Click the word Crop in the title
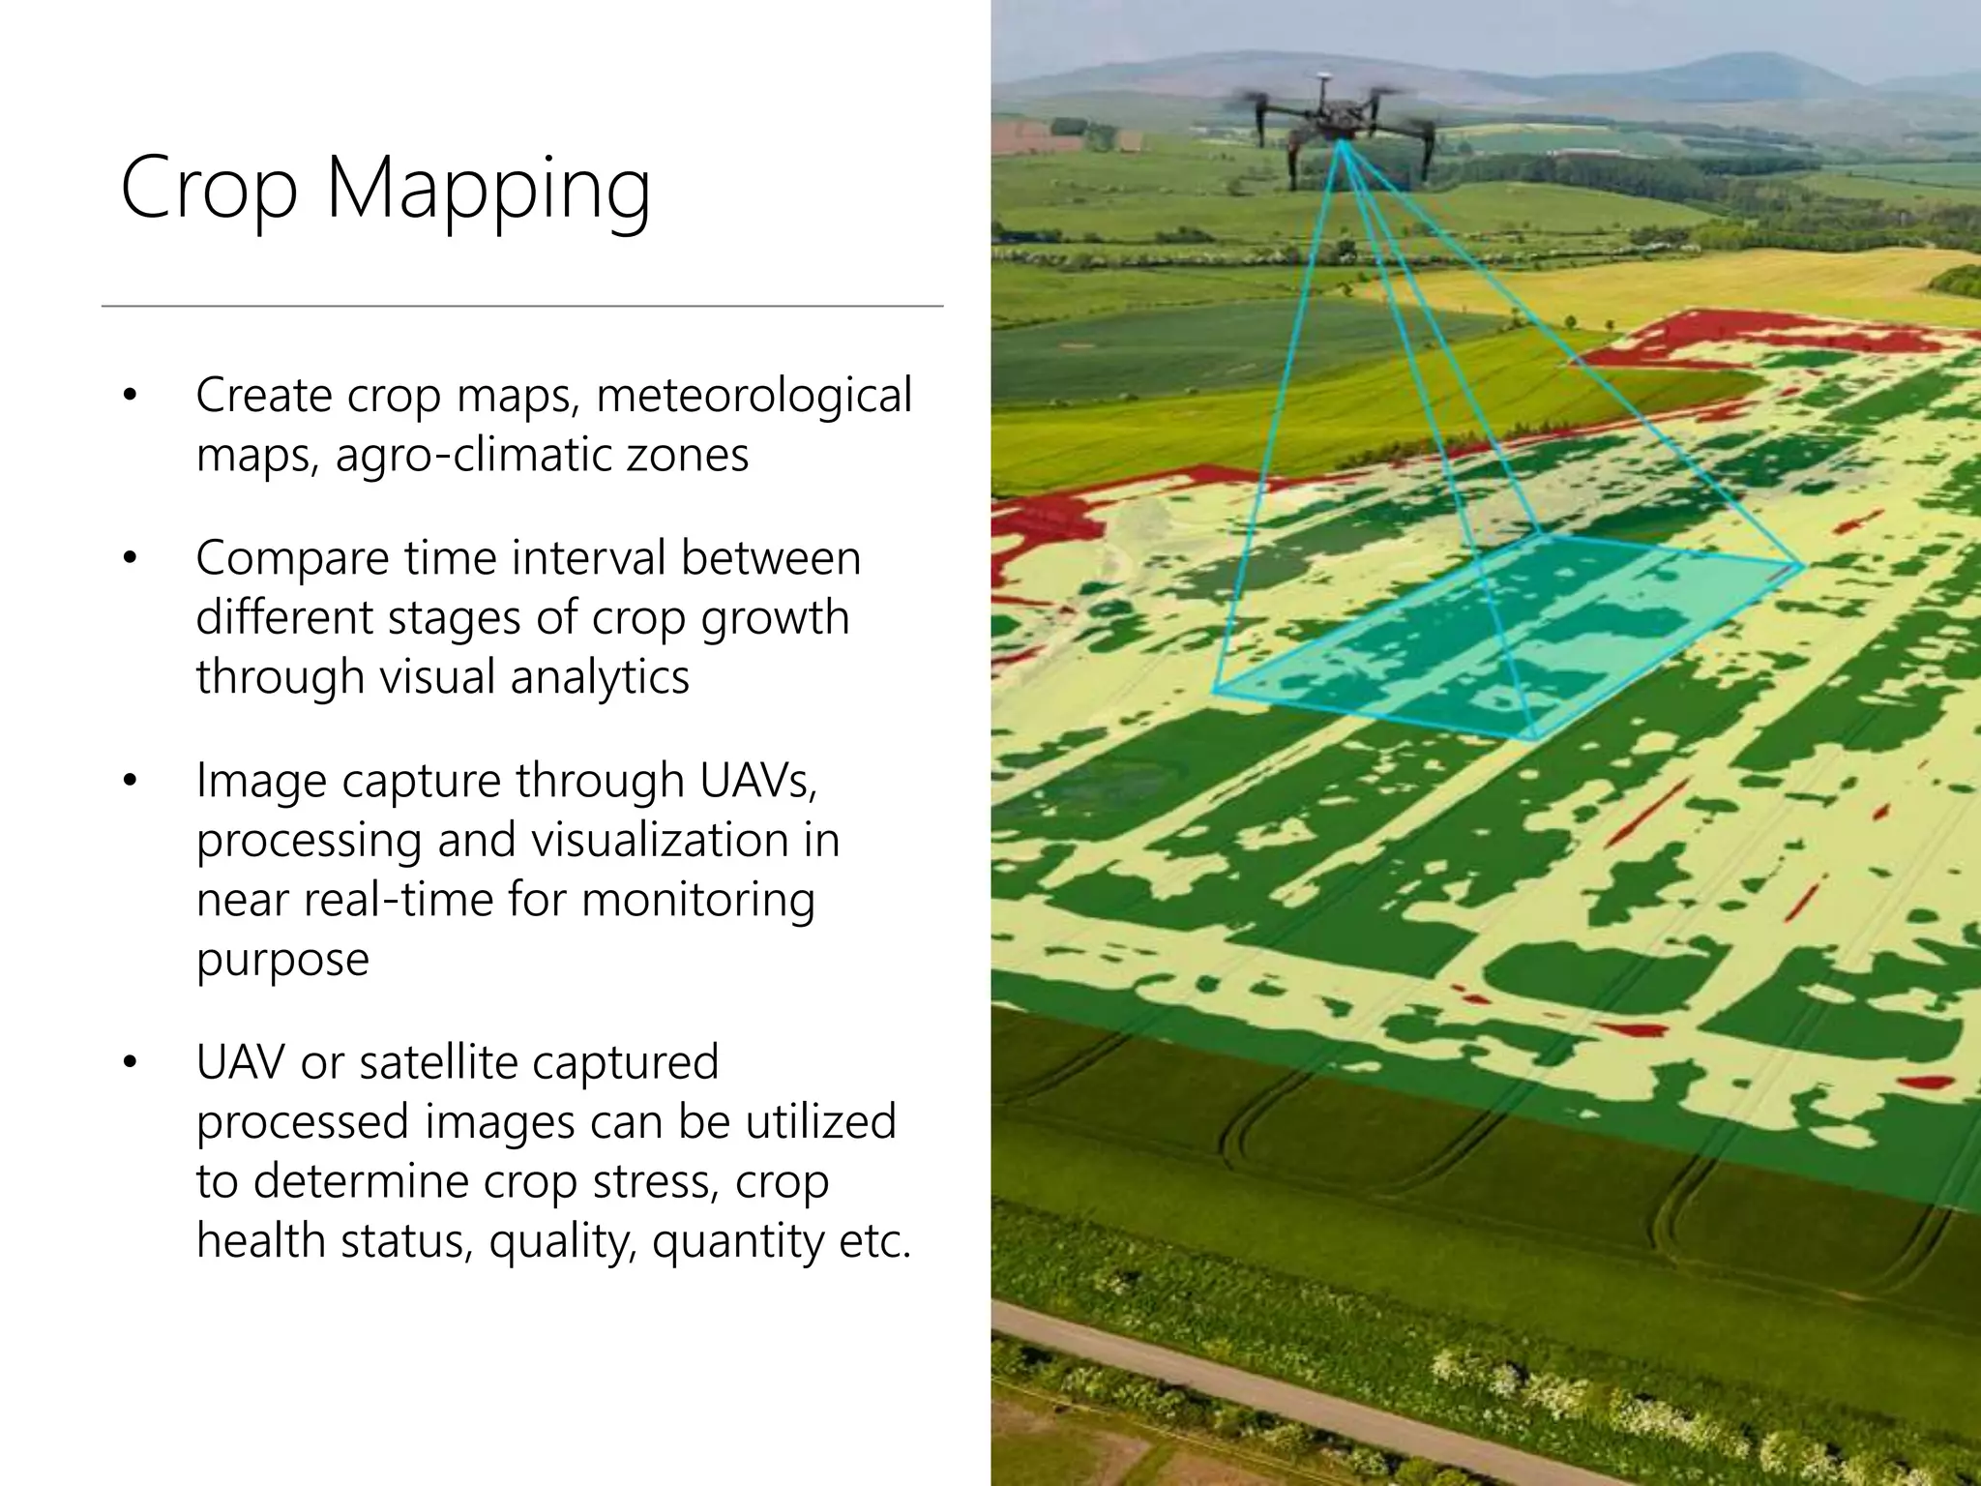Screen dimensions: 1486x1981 pyautogui.click(x=208, y=190)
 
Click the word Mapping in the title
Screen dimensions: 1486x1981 pyautogui.click(x=488, y=190)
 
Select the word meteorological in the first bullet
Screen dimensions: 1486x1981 pyautogui.click(x=754, y=397)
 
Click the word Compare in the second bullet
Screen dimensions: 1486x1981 pyautogui.click(x=292, y=559)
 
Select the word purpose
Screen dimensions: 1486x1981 pyautogui.click(x=282, y=960)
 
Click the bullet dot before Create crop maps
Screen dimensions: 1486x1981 pyautogui.click(x=131, y=397)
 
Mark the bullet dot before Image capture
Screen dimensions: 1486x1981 pyautogui.click(x=131, y=781)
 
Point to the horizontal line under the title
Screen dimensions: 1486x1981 pyautogui.click(x=522, y=306)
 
